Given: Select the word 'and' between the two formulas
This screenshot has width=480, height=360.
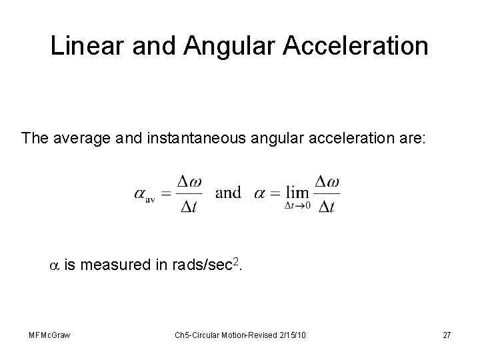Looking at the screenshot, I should (x=229, y=193).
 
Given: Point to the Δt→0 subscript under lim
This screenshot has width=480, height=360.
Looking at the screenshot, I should (x=297, y=205).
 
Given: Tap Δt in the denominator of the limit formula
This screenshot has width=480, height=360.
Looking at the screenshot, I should (x=326, y=207).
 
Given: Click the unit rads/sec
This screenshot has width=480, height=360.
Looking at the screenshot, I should (x=197, y=266).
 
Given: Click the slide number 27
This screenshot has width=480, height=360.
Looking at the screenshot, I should (x=447, y=335).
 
